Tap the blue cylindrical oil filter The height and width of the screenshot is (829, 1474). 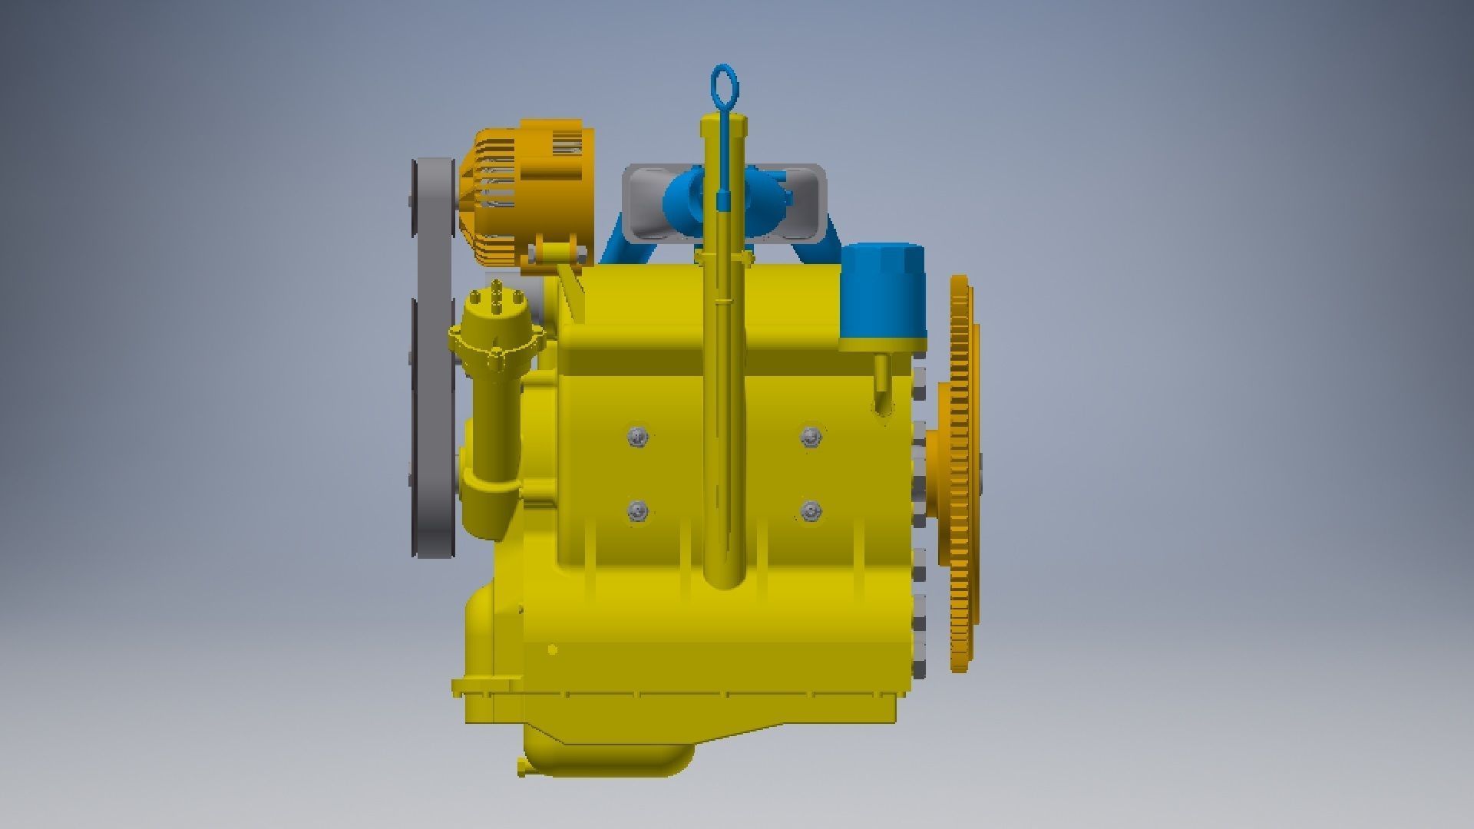point(882,295)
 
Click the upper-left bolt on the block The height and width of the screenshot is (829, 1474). point(637,437)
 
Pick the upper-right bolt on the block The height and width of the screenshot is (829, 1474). point(811,437)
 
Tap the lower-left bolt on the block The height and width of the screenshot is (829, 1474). point(637,510)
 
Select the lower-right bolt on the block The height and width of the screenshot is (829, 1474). point(811,510)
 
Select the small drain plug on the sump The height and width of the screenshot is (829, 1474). point(523,765)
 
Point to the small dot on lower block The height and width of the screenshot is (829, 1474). point(552,650)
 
